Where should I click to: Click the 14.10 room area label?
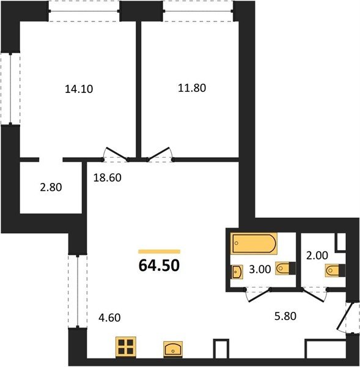click(79, 89)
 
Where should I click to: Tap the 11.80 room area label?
click(192, 88)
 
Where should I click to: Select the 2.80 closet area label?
click(51, 187)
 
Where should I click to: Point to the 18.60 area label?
click(108, 177)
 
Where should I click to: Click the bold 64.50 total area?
click(159, 265)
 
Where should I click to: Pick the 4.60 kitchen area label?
click(109, 317)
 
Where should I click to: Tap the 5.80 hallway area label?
click(285, 316)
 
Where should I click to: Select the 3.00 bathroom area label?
click(260, 269)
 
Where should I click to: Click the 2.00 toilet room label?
click(317, 255)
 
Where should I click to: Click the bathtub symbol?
click(254, 243)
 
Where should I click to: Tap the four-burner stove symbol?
click(126, 347)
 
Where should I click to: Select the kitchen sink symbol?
click(173, 349)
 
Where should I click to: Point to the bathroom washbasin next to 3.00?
click(237, 272)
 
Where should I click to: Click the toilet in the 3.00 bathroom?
click(285, 268)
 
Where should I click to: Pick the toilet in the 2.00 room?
click(335, 270)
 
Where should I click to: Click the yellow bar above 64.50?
click(160, 251)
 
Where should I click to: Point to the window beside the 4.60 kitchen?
click(78, 291)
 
